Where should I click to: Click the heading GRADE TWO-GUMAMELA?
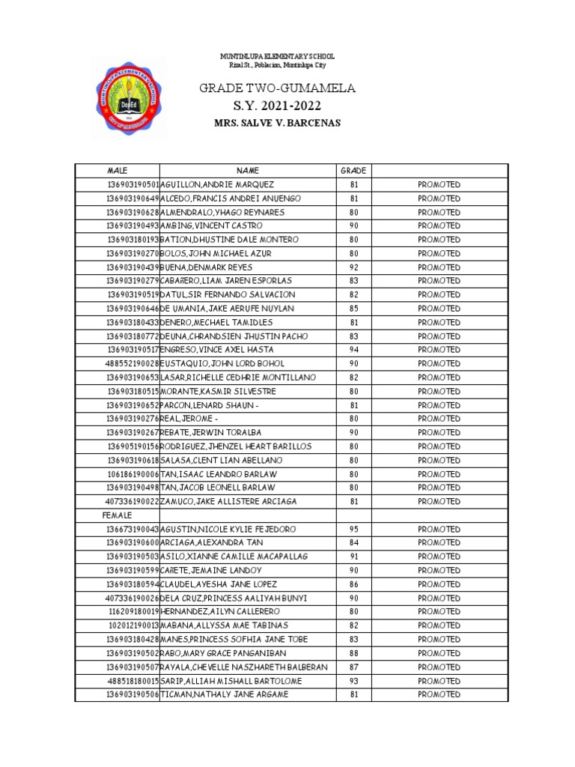click(x=276, y=89)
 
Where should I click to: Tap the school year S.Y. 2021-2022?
click(x=276, y=106)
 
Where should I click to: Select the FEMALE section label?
click(x=117, y=515)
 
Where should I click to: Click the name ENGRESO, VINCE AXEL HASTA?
click(x=216, y=350)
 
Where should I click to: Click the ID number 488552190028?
click(x=133, y=363)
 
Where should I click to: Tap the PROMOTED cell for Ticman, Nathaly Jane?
click(x=439, y=694)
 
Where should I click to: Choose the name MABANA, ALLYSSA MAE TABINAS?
click(x=225, y=625)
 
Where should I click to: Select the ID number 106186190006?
click(x=133, y=474)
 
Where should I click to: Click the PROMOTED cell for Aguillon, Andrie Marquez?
click(x=439, y=185)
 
